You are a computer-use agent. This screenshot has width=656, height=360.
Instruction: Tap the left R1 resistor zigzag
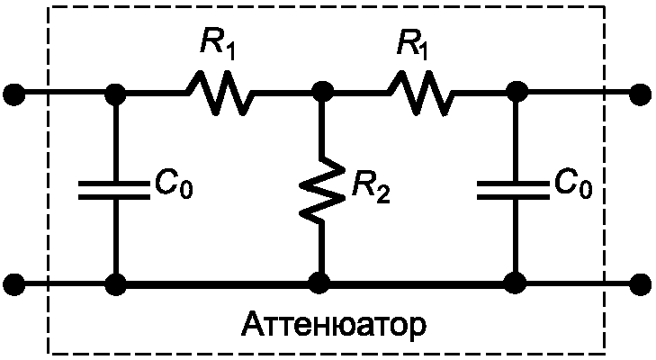tap(220, 93)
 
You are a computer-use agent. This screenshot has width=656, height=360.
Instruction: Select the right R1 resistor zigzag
tap(420, 93)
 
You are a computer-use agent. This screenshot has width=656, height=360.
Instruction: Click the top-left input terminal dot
tap(13, 93)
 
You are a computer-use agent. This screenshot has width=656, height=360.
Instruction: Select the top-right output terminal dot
tap(641, 93)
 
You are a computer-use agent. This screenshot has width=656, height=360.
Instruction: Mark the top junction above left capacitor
tap(114, 93)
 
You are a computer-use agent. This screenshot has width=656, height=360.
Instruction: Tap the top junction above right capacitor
tap(515, 93)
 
